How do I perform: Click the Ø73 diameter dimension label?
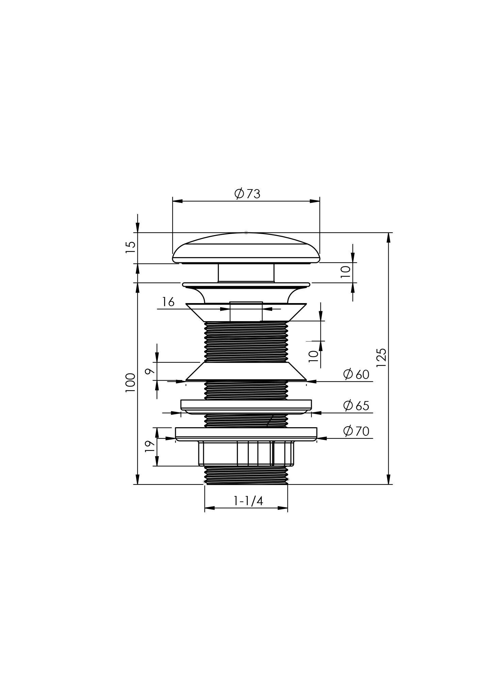[247, 194]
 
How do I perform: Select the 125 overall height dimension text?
[382, 357]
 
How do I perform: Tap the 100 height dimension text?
[130, 383]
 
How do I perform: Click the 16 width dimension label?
[168, 302]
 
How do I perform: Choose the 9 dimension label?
[150, 371]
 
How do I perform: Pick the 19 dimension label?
[150, 446]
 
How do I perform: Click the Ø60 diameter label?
[356, 374]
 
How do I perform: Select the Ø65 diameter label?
[356, 405]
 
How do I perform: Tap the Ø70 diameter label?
[356, 431]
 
